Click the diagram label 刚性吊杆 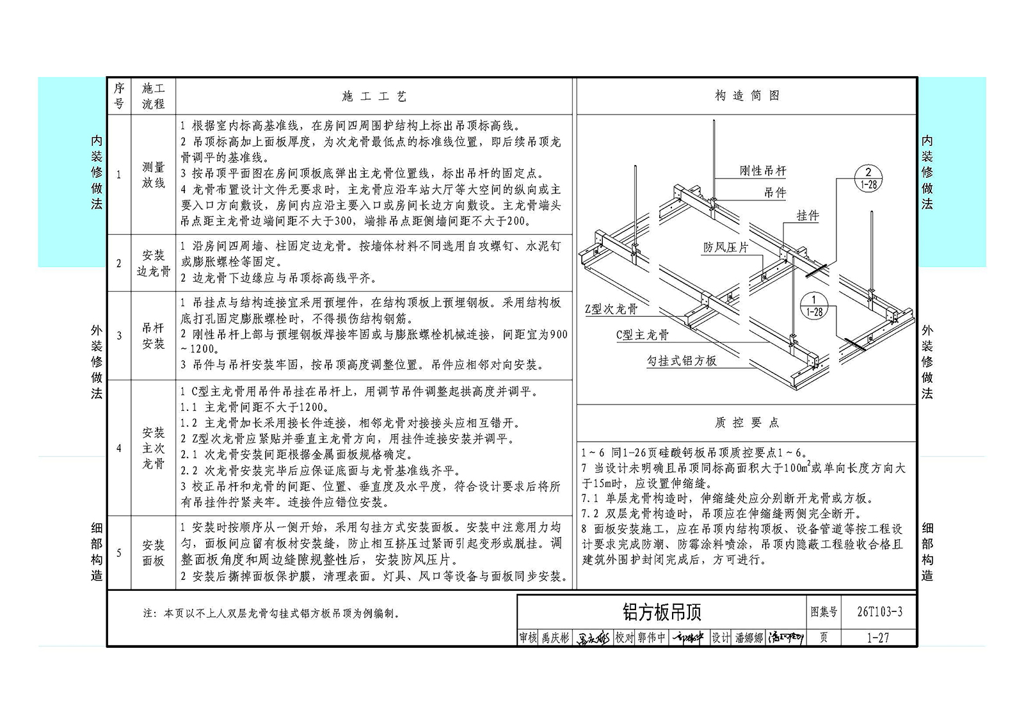[763, 171]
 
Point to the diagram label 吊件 [775, 193]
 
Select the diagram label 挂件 [808, 216]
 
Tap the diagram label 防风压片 [726, 248]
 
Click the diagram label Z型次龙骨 [611, 309]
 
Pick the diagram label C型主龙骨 [643, 335]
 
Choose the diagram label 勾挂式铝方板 [682, 361]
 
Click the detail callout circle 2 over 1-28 [868, 179]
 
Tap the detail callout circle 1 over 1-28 [814, 305]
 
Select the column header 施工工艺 [374, 96]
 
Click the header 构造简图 [747, 95]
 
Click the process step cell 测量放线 [153, 175]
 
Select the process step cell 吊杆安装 [153, 335]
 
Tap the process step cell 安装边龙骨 [153, 264]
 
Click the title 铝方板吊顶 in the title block [662, 612]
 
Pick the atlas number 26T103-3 [879, 612]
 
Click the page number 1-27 [877, 638]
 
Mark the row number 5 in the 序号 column [119, 553]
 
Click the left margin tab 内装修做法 [97, 172]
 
